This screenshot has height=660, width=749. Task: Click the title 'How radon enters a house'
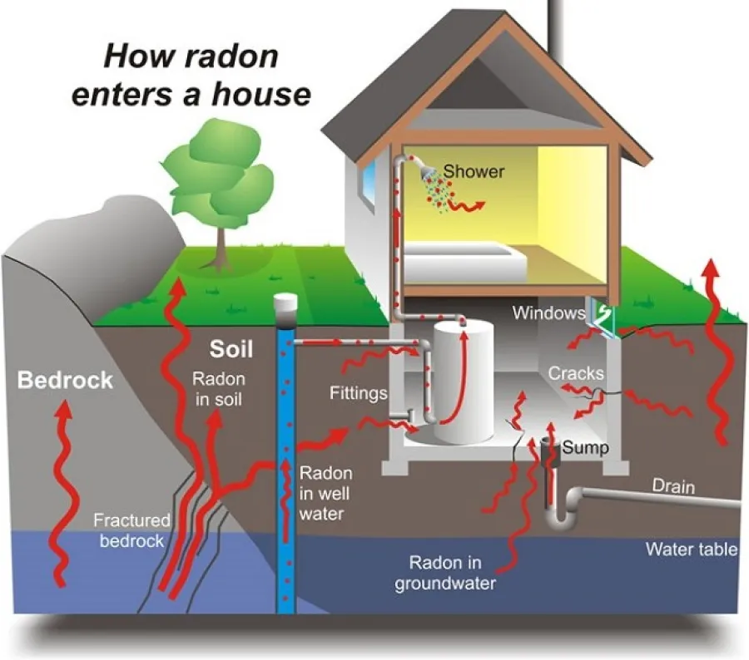pos(191,75)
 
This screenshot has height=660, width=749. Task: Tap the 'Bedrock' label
pos(65,381)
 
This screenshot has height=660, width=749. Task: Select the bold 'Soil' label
pos(231,347)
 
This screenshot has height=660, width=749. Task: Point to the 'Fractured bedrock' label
pos(131,530)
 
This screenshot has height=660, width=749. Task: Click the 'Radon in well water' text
pos(325,493)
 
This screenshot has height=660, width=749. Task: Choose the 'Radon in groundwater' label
pos(445,572)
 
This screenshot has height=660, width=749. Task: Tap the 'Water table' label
pos(690,549)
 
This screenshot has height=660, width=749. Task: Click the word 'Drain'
pos(672,485)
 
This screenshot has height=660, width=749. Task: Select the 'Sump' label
pos(584,448)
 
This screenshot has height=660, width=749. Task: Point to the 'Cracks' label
pos(575,373)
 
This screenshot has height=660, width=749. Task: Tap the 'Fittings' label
pos(358,392)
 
